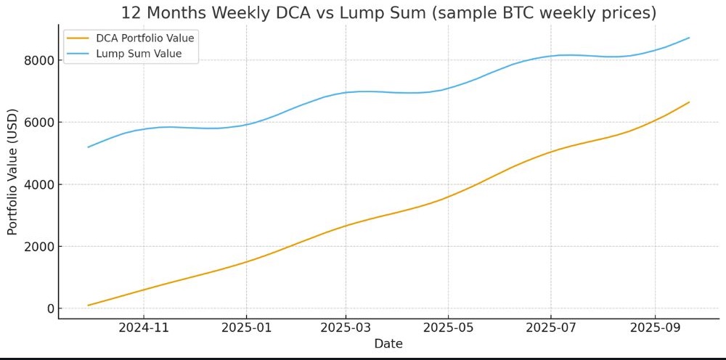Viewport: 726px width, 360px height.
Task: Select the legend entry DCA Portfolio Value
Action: click(145, 38)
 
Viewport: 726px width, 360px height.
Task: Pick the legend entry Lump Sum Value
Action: click(139, 54)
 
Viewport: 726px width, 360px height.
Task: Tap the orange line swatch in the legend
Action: click(78, 38)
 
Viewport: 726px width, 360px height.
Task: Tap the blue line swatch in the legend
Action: click(78, 54)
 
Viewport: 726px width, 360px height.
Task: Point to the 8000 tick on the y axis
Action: click(41, 60)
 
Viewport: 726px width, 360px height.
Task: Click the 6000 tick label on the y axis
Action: click(41, 122)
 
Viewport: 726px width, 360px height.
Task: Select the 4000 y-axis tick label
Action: click(41, 184)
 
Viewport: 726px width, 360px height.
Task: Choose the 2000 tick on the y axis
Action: click(41, 247)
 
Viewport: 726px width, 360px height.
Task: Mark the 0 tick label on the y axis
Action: click(50, 308)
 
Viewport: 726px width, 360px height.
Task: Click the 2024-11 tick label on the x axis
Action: click(144, 328)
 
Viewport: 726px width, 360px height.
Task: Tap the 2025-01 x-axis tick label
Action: click(246, 328)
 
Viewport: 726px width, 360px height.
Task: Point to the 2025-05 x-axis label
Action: click(448, 328)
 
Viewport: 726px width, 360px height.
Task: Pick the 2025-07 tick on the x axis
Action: click(550, 328)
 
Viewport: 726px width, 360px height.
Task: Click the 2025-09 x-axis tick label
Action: click(655, 328)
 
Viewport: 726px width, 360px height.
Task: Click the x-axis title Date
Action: click(388, 344)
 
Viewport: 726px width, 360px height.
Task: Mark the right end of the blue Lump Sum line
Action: click(689, 38)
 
